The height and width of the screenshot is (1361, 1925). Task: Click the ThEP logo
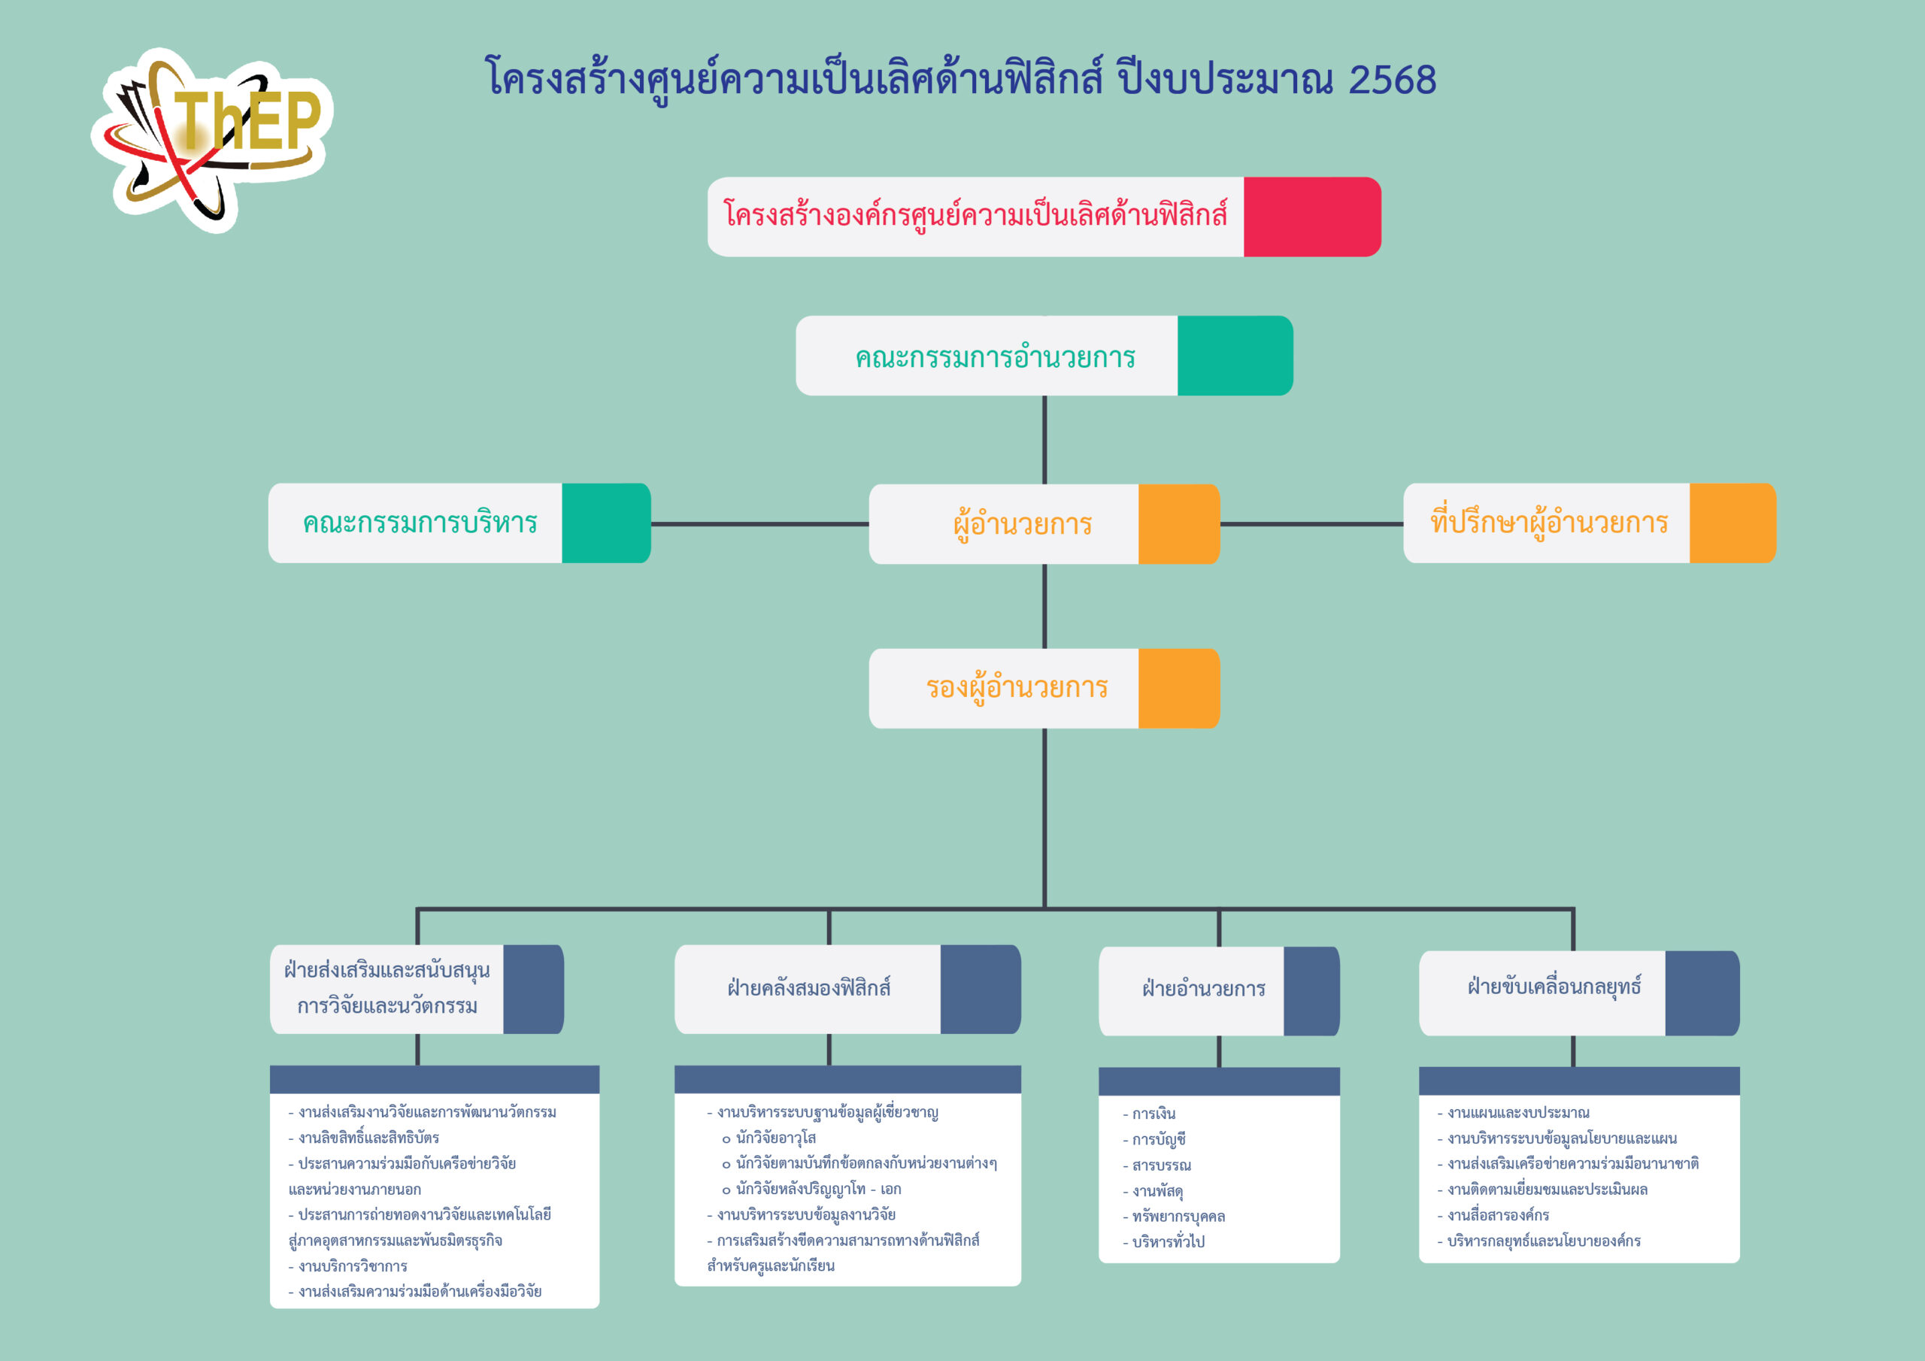[211, 139]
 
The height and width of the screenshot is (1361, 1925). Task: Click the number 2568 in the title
[1392, 80]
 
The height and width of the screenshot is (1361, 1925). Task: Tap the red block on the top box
[1312, 217]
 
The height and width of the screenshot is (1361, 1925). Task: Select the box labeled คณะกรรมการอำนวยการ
[1044, 356]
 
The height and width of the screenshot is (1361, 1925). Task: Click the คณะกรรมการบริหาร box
[459, 523]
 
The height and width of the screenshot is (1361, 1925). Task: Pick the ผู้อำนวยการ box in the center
[1044, 524]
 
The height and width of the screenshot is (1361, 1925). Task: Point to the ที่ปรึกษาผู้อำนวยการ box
[1590, 523]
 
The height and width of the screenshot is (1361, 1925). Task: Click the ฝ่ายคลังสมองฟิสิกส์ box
[847, 989]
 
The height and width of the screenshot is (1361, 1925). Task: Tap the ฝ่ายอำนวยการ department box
[1219, 991]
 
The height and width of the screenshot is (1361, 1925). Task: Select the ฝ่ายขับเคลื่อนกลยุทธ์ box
[1579, 993]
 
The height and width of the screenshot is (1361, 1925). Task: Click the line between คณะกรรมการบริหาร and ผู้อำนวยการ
[759, 524]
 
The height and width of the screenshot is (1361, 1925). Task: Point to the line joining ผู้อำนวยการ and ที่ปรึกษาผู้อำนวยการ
[1311, 524]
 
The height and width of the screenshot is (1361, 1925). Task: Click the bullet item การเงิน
[1150, 1114]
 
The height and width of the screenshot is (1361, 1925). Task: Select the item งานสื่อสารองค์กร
[1493, 1215]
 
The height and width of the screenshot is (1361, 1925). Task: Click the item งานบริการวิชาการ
[348, 1266]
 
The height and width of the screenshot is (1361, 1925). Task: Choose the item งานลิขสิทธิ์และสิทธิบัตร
[364, 1138]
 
